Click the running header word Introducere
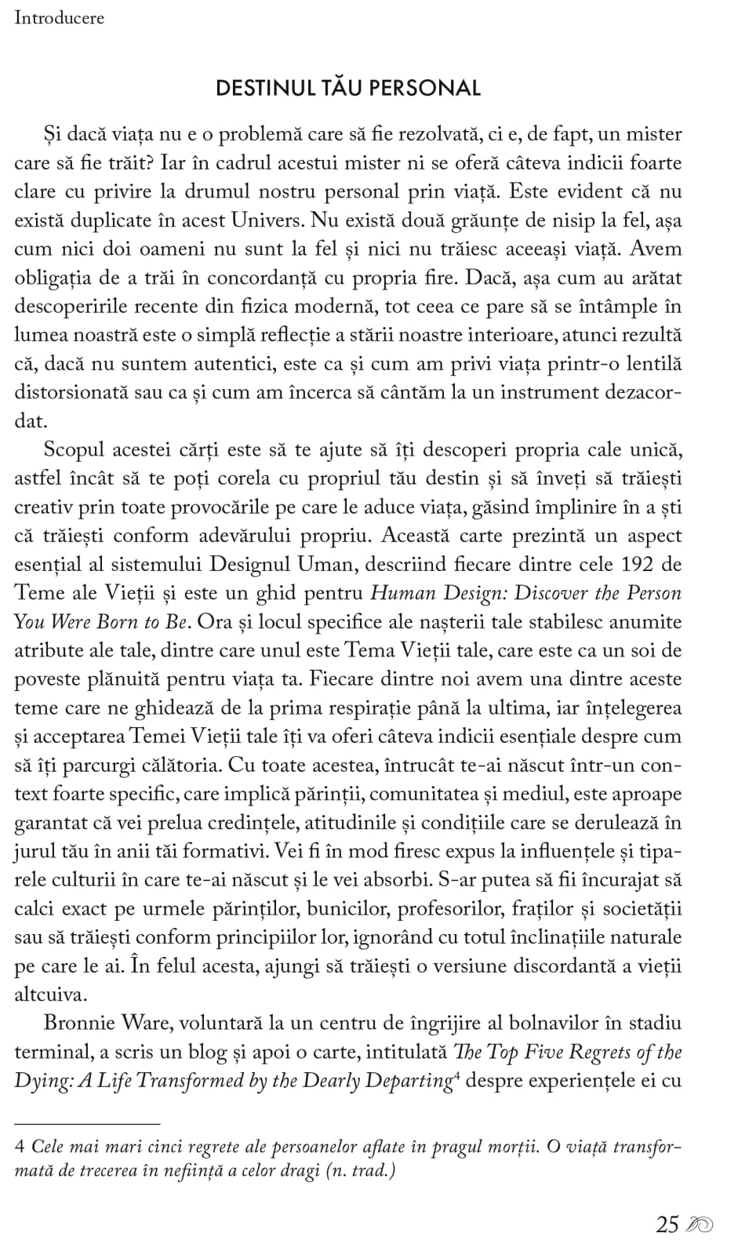click(59, 18)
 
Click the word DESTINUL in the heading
click(264, 88)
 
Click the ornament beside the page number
click(699, 1225)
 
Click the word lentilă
click(648, 364)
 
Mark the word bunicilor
click(347, 909)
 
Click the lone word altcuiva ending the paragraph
click(49, 995)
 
